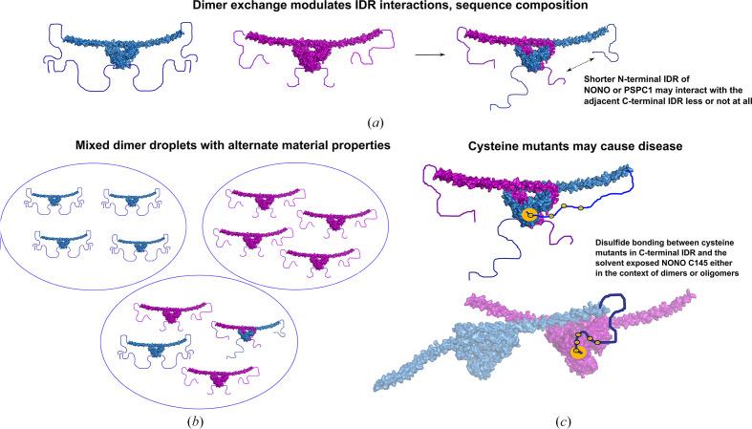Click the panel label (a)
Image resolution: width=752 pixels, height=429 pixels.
point(376,122)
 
